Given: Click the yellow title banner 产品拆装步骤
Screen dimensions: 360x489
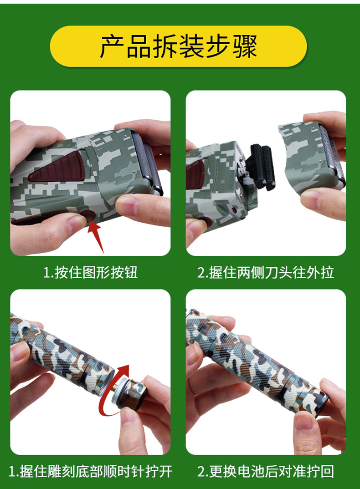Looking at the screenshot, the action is click(x=178, y=46).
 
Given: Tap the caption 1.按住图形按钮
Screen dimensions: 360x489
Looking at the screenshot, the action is click(x=90, y=272).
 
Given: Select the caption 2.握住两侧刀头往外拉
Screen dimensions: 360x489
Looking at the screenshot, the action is click(x=265, y=272).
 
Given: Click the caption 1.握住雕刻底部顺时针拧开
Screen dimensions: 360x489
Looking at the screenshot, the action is click(x=90, y=471).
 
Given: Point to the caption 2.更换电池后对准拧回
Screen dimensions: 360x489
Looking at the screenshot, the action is click(x=265, y=471).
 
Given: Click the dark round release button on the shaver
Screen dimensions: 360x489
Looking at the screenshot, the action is click(x=88, y=216).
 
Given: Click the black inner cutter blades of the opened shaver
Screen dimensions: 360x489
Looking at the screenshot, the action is click(x=261, y=167).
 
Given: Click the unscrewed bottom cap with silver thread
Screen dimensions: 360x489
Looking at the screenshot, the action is click(x=129, y=393).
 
